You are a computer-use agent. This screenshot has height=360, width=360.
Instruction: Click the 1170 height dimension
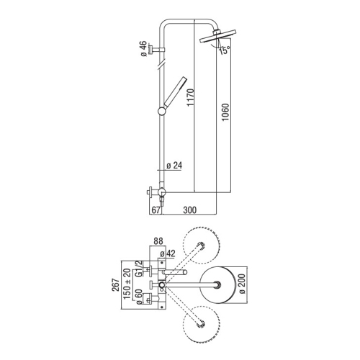(x=191, y=97)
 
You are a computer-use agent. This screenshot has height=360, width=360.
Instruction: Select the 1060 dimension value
(x=225, y=112)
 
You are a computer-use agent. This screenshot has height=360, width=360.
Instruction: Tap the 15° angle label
(x=225, y=50)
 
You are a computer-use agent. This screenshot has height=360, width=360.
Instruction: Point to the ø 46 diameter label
(x=144, y=49)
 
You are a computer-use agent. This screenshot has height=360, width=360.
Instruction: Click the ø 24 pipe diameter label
(x=174, y=166)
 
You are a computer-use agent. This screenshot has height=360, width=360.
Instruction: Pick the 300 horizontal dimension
(x=189, y=210)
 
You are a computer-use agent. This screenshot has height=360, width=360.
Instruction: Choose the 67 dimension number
(x=156, y=210)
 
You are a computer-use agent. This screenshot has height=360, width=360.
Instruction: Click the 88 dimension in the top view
(x=158, y=241)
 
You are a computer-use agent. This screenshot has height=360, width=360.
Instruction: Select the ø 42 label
(x=168, y=253)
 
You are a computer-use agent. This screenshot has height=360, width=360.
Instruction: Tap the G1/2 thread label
(x=139, y=269)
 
